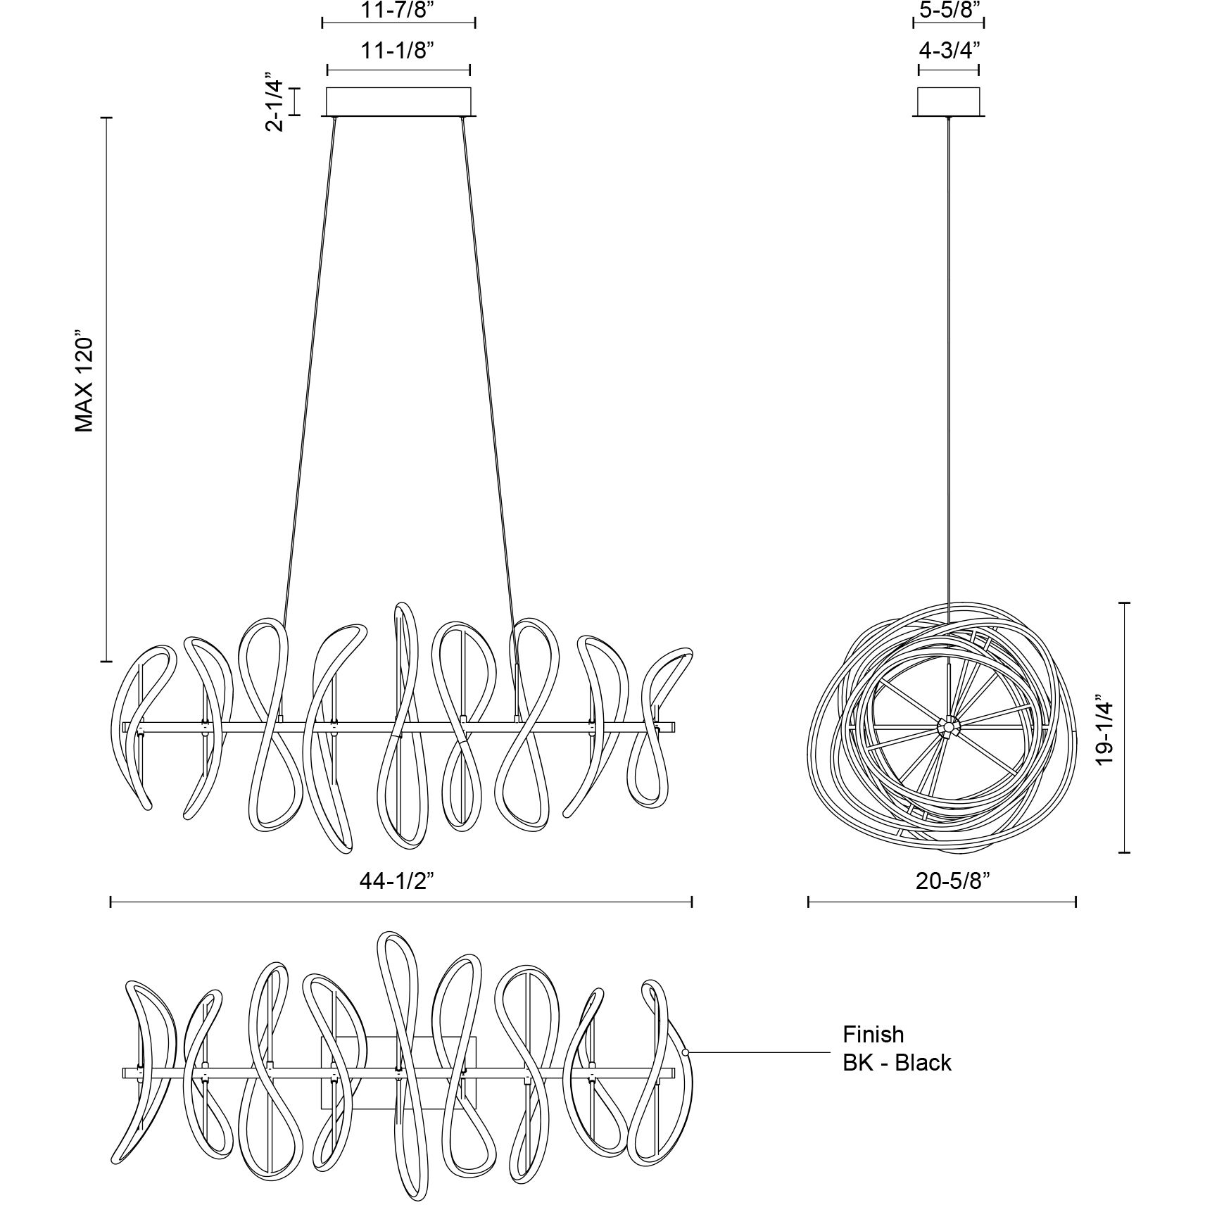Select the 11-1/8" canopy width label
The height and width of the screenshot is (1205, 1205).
(398, 51)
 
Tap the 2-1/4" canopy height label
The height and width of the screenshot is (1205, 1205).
(275, 101)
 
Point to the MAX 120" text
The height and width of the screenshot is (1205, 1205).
(84, 383)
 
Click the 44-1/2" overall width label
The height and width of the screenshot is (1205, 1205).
(401, 881)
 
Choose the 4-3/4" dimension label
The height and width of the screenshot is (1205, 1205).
(949, 51)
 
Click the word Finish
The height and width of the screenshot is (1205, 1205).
(873, 1034)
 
